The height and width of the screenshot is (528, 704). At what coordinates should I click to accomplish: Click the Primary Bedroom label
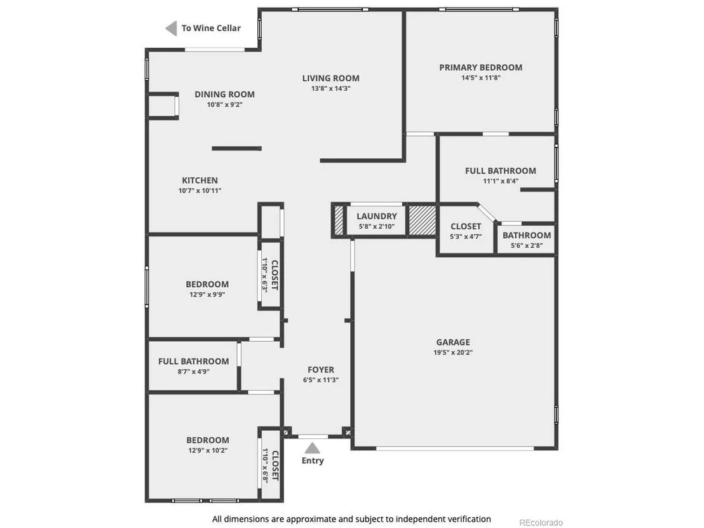(x=480, y=67)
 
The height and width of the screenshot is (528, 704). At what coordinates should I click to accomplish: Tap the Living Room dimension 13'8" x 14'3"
(x=331, y=88)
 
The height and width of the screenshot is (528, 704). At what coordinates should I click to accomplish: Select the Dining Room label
(x=224, y=94)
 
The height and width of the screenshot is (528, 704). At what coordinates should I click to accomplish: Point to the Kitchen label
(x=200, y=180)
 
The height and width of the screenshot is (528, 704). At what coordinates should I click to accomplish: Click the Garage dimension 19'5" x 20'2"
(x=453, y=353)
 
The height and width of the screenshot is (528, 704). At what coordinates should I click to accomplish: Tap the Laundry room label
(x=377, y=216)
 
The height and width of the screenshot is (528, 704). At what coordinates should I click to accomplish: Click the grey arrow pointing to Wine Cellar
(x=171, y=29)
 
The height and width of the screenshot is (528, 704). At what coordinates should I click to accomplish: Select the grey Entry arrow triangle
(x=313, y=448)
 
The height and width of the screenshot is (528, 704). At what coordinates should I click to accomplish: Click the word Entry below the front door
(x=313, y=461)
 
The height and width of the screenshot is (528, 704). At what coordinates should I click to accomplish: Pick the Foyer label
(x=321, y=370)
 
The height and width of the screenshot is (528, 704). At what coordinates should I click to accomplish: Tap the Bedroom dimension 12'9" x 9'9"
(x=207, y=295)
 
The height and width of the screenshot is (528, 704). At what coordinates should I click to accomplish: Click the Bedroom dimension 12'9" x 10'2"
(x=208, y=450)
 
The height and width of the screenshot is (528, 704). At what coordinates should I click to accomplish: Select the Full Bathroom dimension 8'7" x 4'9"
(x=194, y=371)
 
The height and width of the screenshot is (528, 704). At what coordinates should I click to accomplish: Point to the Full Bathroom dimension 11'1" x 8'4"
(x=501, y=181)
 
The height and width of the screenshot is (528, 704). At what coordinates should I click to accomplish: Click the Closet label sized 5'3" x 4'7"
(x=466, y=226)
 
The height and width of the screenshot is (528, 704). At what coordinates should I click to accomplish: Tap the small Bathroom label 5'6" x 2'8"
(x=527, y=235)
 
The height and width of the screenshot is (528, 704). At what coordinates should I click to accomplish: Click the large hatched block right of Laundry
(x=422, y=220)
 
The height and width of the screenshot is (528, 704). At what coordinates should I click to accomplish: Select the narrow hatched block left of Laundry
(x=339, y=220)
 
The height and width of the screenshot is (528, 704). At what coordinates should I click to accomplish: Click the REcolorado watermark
(x=541, y=523)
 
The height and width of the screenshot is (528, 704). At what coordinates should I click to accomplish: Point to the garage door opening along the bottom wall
(x=455, y=448)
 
